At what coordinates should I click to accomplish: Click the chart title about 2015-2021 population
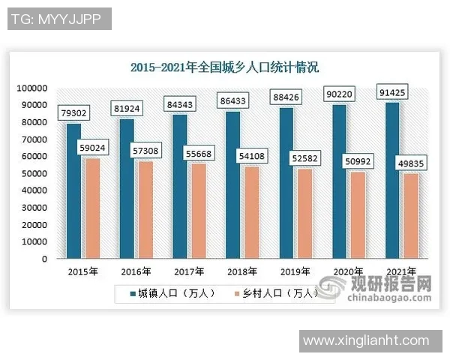[x=224, y=67]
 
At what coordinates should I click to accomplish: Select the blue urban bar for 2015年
[x=73, y=191]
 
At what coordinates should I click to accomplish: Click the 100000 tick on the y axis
[x=33, y=88]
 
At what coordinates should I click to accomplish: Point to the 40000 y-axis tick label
[x=35, y=190]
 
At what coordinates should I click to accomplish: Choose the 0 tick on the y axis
[x=45, y=259]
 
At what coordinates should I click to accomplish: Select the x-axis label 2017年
[x=190, y=271]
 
